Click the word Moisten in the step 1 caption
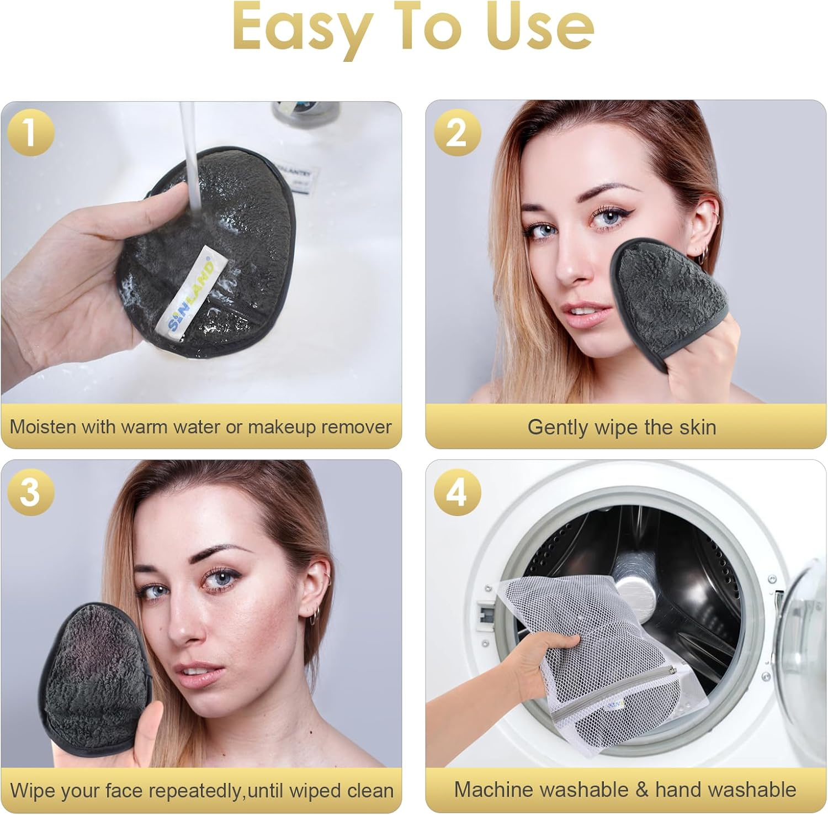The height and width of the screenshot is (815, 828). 42,427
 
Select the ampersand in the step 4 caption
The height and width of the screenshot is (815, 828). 641,790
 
